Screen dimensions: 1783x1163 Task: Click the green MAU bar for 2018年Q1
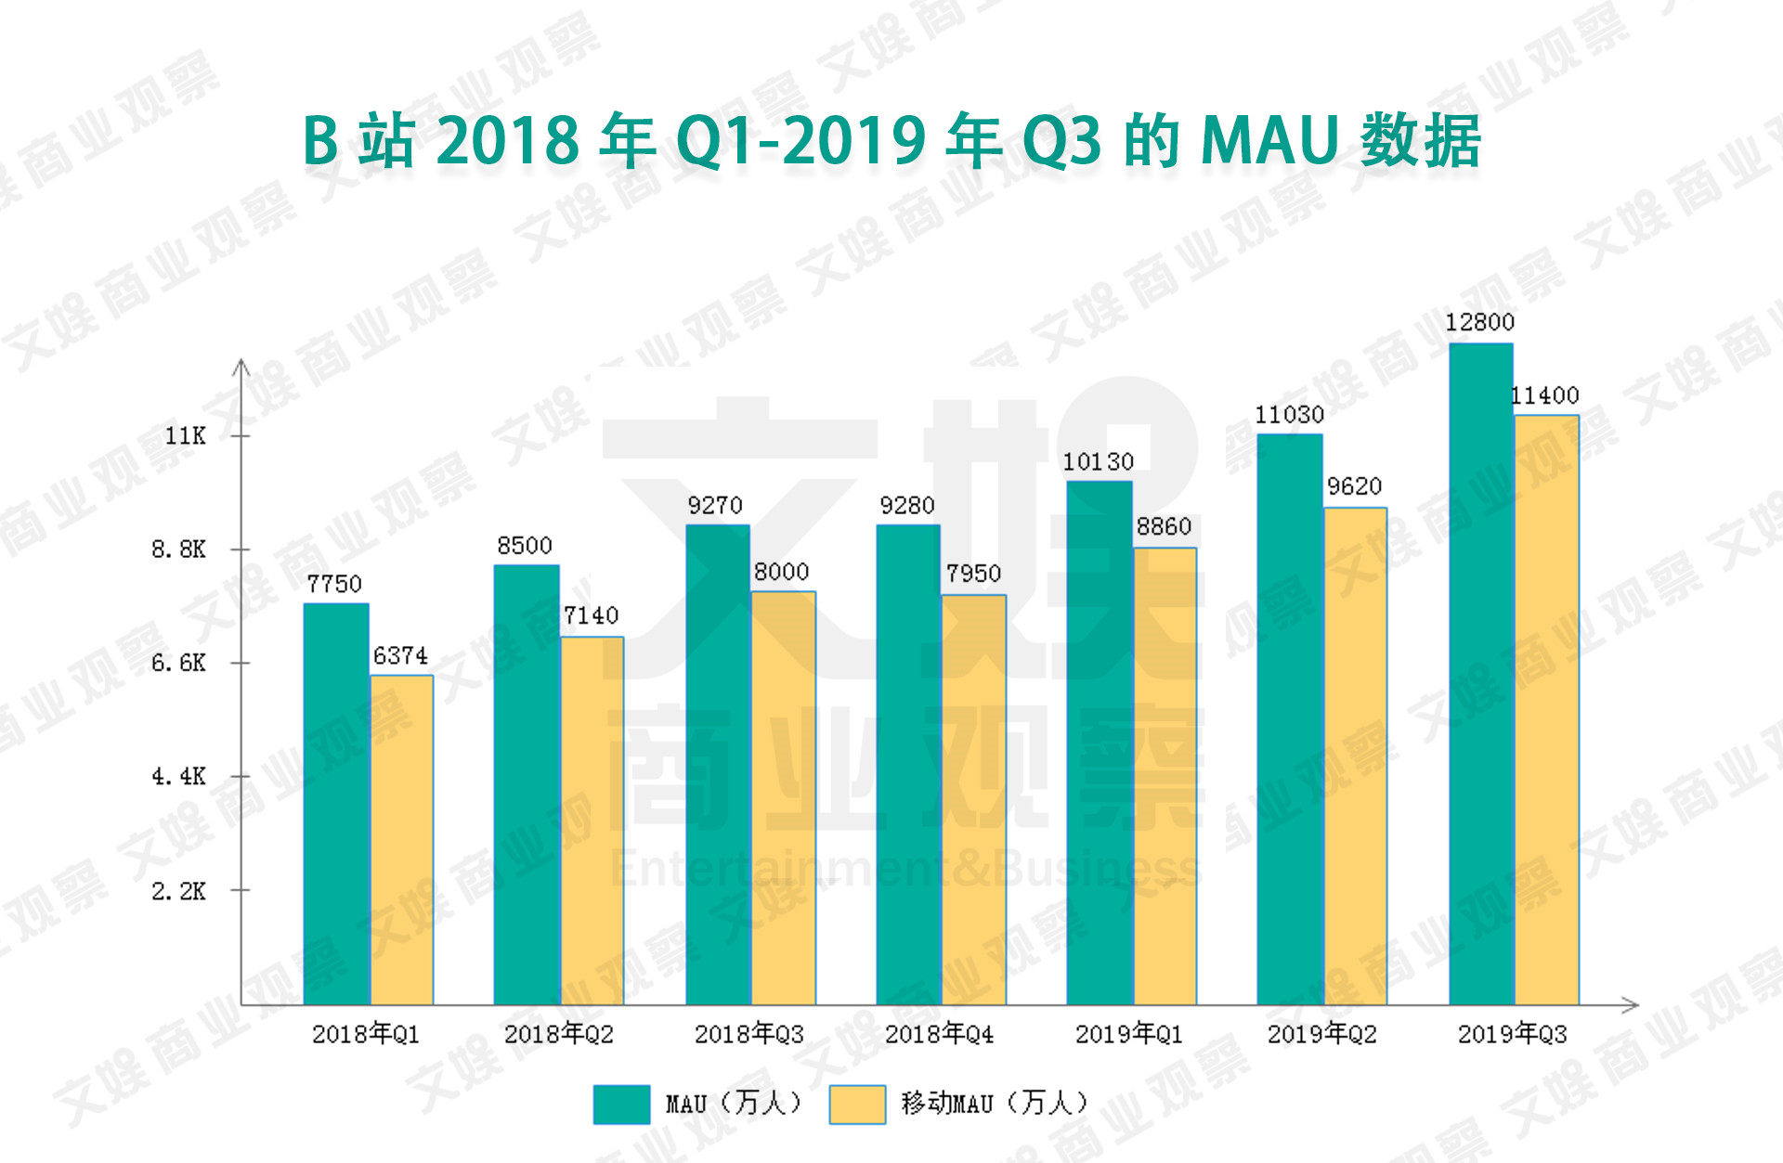coord(336,804)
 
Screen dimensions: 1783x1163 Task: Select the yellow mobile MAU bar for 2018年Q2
coord(592,821)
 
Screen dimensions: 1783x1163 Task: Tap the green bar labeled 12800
coord(1481,674)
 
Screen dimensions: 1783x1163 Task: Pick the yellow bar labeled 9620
coord(1355,756)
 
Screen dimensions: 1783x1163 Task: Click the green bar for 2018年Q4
coord(908,765)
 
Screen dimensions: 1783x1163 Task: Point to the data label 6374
coord(400,655)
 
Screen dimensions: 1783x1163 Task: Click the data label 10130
coord(1098,461)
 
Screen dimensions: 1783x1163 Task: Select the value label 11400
coord(1544,395)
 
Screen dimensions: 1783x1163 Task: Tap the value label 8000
coord(781,572)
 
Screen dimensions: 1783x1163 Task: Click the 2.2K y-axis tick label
coord(178,891)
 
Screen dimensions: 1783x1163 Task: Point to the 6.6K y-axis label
coord(178,663)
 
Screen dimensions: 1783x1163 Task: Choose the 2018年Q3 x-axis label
coord(749,1034)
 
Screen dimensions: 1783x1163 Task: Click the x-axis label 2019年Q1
coord(1129,1034)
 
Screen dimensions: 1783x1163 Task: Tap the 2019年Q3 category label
coord(1513,1034)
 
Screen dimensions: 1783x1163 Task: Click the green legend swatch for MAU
coord(621,1105)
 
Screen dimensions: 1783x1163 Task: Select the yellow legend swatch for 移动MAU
coord(857,1105)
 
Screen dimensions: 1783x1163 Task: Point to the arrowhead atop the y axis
coord(241,366)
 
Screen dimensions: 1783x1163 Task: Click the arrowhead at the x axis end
coord(1631,1004)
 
